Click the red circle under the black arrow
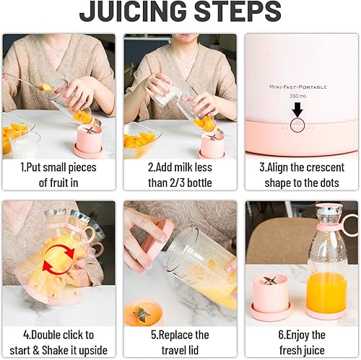point(297,126)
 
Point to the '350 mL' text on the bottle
point(296,95)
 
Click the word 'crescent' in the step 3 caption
point(322,167)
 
